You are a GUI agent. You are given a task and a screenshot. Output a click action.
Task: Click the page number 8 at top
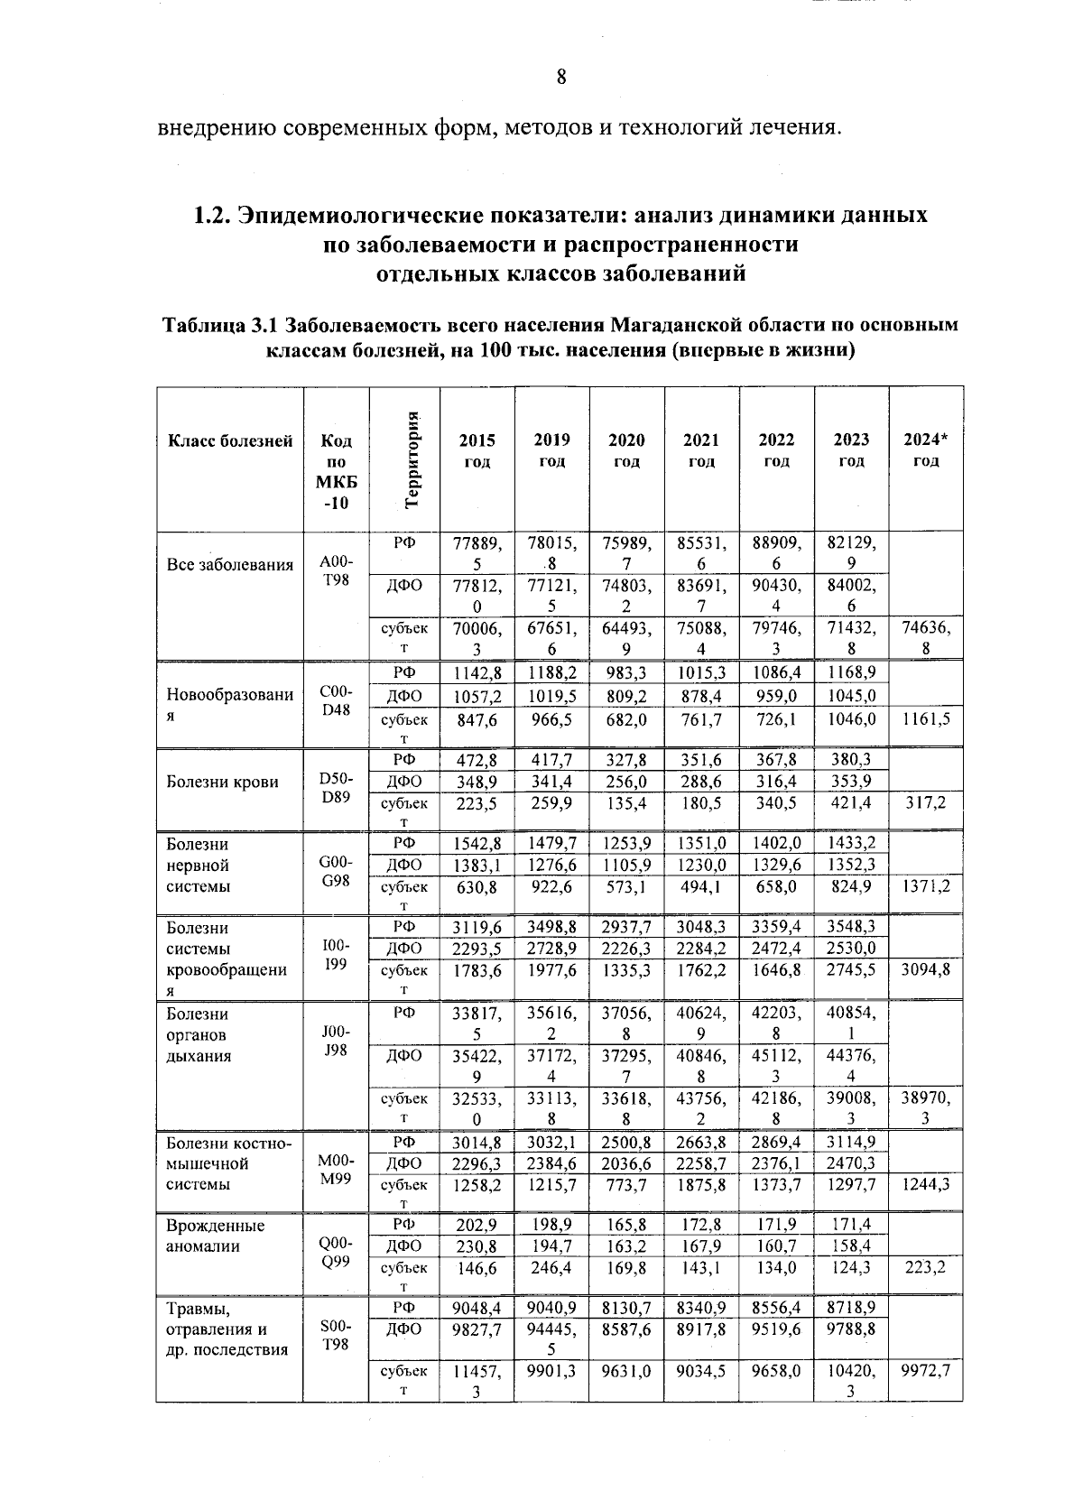(560, 78)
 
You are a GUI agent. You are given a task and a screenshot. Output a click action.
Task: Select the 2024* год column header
(925, 449)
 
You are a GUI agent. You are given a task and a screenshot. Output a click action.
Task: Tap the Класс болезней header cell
(230, 441)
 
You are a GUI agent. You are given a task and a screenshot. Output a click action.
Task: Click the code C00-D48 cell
(336, 700)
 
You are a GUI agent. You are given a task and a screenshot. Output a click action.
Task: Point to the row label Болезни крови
(223, 783)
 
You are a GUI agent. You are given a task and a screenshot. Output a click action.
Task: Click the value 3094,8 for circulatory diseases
(925, 970)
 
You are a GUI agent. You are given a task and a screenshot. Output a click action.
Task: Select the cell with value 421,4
(851, 803)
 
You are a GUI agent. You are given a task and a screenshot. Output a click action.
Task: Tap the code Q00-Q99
(336, 1253)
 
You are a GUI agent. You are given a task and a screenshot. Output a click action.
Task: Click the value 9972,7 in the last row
(925, 1371)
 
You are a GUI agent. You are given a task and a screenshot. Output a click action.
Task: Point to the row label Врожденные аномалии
(216, 1236)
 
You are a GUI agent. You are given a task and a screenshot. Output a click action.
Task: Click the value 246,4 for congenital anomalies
(551, 1268)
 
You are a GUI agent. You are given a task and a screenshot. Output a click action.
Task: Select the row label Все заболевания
(230, 566)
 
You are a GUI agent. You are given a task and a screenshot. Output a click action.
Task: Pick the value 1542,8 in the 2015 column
(477, 844)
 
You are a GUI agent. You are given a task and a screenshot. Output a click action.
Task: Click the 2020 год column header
(626, 449)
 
